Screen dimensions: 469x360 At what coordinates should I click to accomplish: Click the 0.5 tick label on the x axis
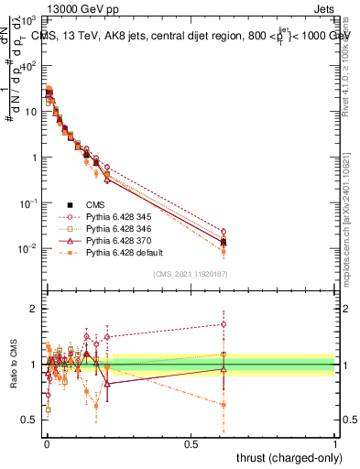click(x=191, y=442)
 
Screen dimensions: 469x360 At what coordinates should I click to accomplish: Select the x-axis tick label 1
click(x=335, y=442)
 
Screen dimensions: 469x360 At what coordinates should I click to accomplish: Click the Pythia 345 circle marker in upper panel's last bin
click(x=224, y=232)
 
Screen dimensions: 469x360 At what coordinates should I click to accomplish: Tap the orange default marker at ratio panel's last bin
click(x=224, y=404)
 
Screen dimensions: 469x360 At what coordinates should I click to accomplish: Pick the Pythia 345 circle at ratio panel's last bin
click(x=224, y=323)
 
